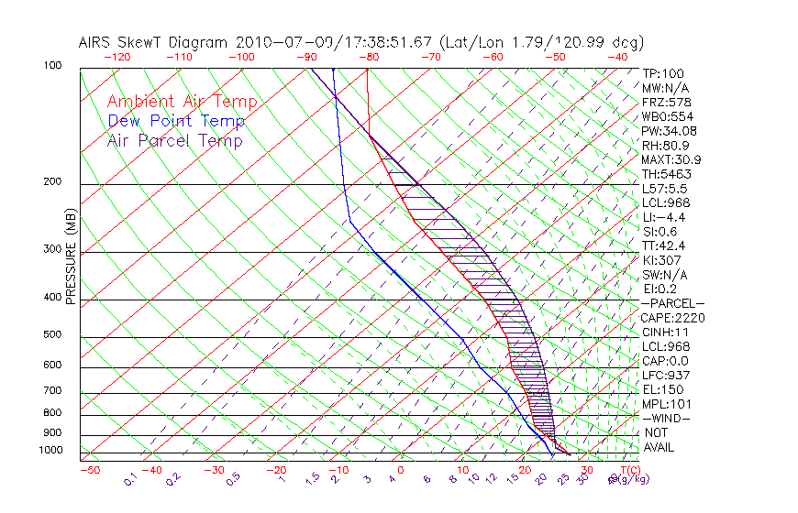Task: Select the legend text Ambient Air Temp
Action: [182, 102]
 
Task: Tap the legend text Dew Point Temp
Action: [176, 121]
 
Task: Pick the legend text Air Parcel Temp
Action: [174, 140]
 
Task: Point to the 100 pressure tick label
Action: [51, 66]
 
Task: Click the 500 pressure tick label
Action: [51, 335]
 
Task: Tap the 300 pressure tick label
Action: [51, 249]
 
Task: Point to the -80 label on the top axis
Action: [369, 56]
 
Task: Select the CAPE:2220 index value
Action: [673, 318]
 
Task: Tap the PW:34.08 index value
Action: [670, 131]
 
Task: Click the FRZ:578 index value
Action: [667, 102]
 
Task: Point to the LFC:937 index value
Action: [667, 376]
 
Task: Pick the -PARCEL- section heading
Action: [673, 303]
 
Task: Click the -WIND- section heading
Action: [666, 419]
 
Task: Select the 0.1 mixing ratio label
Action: [130, 478]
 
